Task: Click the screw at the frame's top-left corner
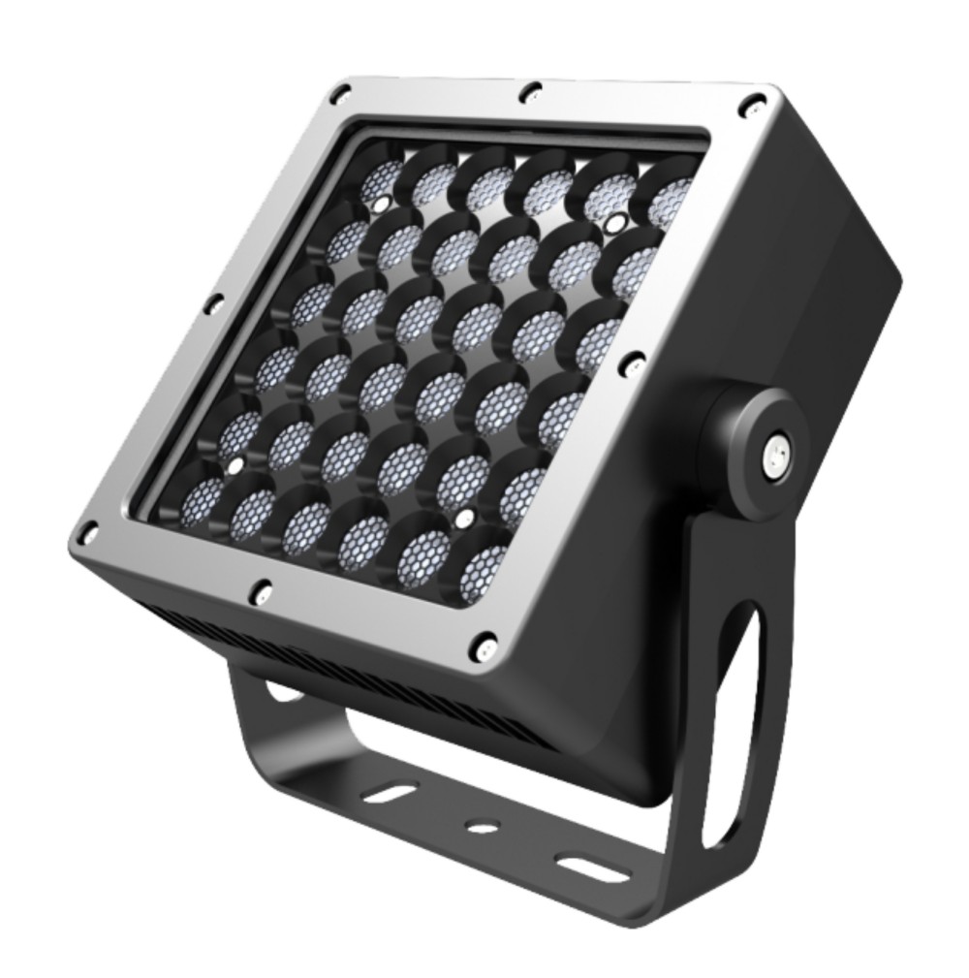(x=339, y=94)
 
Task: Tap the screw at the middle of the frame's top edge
(x=531, y=92)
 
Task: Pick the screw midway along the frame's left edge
(x=214, y=304)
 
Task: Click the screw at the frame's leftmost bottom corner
(x=88, y=532)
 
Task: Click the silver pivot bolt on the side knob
(x=775, y=453)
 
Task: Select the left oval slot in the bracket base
(x=391, y=794)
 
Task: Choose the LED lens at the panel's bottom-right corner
(x=481, y=572)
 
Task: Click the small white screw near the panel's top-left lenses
(x=382, y=204)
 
